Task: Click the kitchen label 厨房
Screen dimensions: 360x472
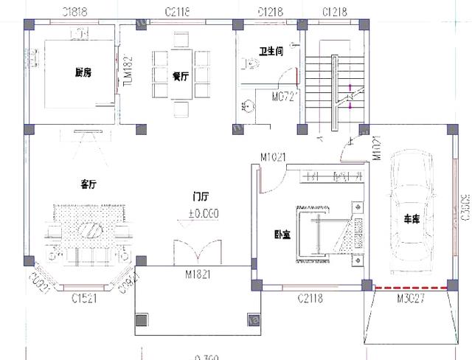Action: coord(83,72)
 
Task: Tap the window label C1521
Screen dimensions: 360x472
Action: coord(86,298)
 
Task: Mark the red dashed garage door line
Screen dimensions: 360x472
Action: coord(410,287)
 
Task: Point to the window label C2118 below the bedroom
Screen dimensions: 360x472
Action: coord(312,298)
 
